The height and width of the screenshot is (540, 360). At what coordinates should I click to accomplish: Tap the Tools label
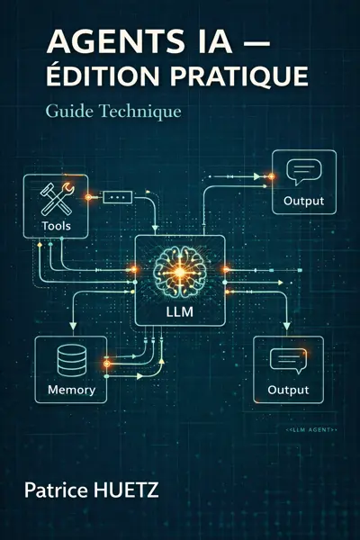point(56,225)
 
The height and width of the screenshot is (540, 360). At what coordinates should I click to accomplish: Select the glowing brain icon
point(180,262)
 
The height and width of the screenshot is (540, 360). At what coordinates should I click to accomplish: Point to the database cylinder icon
point(69,361)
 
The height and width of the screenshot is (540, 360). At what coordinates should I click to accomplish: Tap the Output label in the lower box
point(288,390)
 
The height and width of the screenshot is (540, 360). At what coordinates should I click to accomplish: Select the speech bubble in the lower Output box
point(289,361)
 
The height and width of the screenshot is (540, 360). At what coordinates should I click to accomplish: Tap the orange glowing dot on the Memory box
point(105,364)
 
